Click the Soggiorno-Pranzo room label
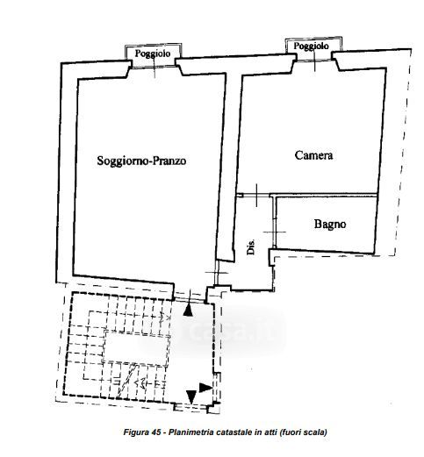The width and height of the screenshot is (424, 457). (x=141, y=161)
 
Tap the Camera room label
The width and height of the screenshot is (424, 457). (x=313, y=155)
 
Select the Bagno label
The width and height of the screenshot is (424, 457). (x=330, y=225)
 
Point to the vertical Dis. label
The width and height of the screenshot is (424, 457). (x=251, y=246)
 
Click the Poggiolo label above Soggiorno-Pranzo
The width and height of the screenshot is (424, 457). (x=153, y=54)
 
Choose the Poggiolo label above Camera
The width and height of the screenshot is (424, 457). (x=311, y=46)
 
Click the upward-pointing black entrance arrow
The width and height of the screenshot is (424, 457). (x=188, y=310)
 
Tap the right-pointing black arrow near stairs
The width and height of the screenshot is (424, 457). (x=205, y=388)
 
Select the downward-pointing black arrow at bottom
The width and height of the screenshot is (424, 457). (x=191, y=396)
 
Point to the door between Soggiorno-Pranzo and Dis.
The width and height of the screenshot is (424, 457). (x=217, y=273)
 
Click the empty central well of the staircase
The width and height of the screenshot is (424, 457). (x=136, y=349)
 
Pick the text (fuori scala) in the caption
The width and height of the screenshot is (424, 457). (x=303, y=432)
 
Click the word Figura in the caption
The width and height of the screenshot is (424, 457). (x=136, y=432)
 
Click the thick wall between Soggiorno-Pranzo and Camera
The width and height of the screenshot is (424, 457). (x=231, y=164)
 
